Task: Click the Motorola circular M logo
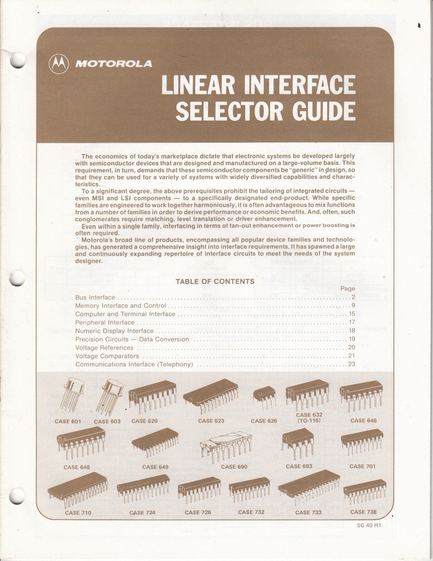tap(58, 63)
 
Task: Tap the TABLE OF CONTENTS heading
tap(215, 282)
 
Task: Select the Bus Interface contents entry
tap(95, 297)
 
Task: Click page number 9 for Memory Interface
tap(353, 306)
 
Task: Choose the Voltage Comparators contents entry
tap(107, 356)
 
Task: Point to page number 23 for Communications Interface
tap(351, 365)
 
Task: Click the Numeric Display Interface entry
tap(114, 331)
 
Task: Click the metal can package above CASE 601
tap(71, 393)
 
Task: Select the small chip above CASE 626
tap(264, 395)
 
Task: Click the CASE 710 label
tap(78, 513)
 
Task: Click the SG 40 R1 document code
tap(368, 526)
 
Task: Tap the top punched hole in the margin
tap(18, 60)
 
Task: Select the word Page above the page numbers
tap(347, 288)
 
